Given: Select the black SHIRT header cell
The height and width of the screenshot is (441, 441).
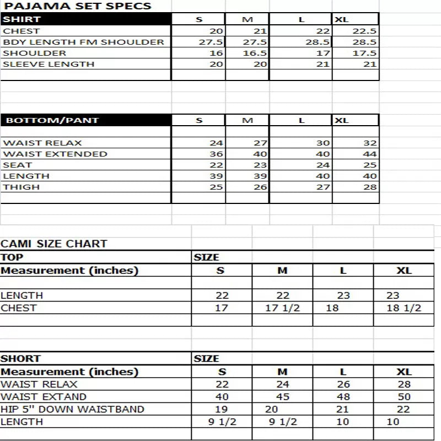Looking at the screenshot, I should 85,19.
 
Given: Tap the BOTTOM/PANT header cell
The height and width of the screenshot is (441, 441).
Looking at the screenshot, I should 85,120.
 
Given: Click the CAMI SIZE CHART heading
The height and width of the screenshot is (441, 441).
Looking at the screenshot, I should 54,244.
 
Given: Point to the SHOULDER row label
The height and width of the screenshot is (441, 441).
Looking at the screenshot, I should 35,53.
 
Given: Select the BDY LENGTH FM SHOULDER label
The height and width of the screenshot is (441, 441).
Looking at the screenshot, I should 83,42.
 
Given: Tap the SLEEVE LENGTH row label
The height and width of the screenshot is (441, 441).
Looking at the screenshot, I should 49,64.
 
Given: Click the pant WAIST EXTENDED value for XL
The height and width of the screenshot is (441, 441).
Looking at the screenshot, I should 370,154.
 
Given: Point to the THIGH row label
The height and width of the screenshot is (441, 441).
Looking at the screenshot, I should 21,187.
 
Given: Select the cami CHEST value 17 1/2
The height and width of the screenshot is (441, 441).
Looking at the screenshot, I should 282,308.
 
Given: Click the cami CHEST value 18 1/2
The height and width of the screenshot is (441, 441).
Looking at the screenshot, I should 404,308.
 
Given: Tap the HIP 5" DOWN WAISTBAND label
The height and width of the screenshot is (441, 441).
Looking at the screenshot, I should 72,409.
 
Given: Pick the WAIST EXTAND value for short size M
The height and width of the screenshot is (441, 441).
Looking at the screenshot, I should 282,396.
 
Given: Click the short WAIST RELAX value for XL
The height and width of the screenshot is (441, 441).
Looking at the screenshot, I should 404,384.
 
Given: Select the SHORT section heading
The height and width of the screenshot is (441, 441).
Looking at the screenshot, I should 20,359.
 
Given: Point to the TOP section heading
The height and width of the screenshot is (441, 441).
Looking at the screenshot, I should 12,257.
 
